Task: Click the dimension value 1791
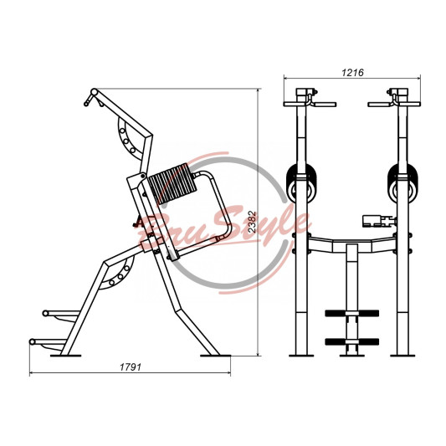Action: coord(131,367)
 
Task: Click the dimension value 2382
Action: coord(252,222)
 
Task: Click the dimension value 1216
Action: coord(352,73)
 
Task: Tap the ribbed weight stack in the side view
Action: coord(172,184)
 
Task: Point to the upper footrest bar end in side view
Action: coord(45,313)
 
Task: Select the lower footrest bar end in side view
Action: coord(33,341)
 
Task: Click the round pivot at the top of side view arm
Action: coord(94,92)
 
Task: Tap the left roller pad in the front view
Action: coord(301,183)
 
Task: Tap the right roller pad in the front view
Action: coord(402,183)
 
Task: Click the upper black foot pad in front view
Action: coord(352,313)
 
